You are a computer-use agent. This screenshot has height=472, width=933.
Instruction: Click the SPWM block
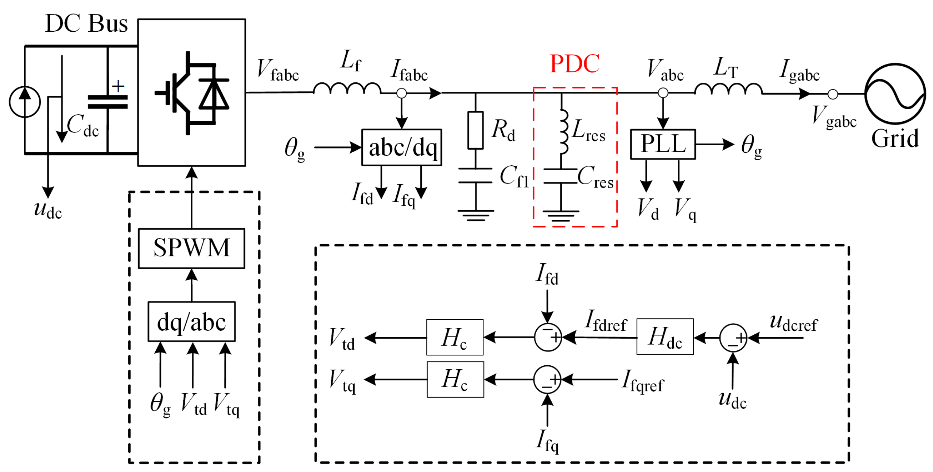pyautogui.click(x=191, y=248)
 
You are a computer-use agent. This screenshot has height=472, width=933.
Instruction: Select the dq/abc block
pyautogui.click(x=191, y=321)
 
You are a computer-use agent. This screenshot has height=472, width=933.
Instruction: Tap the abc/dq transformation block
pyautogui.click(x=401, y=147)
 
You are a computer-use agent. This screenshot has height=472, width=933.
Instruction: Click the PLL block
pyautogui.click(x=662, y=144)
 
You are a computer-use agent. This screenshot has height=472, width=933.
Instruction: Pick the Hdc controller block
pyautogui.click(x=665, y=337)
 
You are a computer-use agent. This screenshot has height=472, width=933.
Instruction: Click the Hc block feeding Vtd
pyautogui.click(x=455, y=337)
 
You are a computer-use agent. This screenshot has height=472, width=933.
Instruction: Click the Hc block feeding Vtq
pyautogui.click(x=455, y=379)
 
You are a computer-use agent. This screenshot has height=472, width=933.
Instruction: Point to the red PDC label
pyautogui.click(x=574, y=64)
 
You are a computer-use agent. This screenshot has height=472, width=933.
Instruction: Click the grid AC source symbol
pyautogui.click(x=895, y=94)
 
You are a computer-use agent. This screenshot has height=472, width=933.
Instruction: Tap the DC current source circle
pyautogui.click(x=25, y=102)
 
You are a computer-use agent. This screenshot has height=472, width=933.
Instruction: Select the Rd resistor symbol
pyautogui.click(x=475, y=130)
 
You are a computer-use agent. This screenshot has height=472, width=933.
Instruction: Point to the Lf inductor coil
pyautogui.click(x=347, y=88)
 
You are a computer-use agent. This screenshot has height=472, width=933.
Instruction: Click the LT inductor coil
pyautogui.click(x=728, y=89)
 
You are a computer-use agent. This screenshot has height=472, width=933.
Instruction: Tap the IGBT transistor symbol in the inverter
pyautogui.click(x=175, y=93)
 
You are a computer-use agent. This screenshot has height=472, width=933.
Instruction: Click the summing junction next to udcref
pyautogui.click(x=733, y=338)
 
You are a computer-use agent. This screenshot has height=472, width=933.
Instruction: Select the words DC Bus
pyautogui.click(x=86, y=23)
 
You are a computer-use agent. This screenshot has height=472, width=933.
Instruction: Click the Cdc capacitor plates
pyautogui.click(x=108, y=102)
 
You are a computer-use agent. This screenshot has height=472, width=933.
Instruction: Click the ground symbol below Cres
pyautogui.click(x=561, y=216)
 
